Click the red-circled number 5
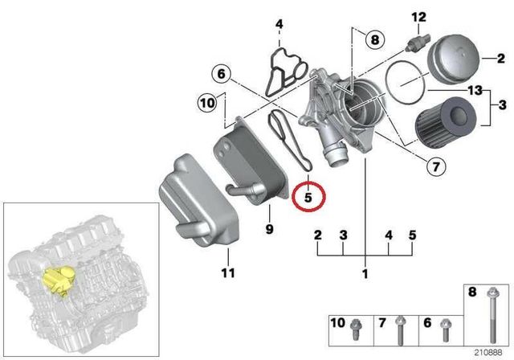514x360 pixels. (x=310, y=195)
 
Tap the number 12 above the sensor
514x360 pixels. (x=418, y=17)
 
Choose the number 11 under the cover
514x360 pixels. (x=227, y=273)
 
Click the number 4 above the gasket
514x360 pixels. (x=279, y=25)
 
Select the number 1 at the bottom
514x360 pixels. (x=365, y=274)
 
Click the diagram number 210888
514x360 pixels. (x=488, y=351)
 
